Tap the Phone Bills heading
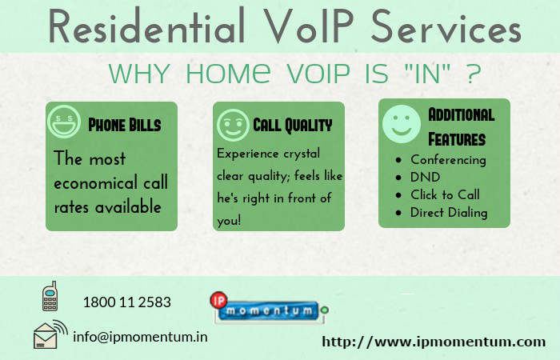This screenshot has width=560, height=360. [x=124, y=126]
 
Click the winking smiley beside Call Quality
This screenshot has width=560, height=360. [x=232, y=126]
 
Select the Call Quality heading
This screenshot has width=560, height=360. [x=292, y=126]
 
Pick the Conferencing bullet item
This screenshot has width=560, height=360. [x=447, y=159]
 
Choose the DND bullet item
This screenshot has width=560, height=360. [x=425, y=177]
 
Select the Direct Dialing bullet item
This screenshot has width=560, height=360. [x=448, y=212]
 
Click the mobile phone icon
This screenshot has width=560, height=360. [x=50, y=296]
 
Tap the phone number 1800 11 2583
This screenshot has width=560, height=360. [x=126, y=302]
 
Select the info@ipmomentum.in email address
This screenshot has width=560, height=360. [x=140, y=337]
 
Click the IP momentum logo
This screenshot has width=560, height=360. [x=268, y=309]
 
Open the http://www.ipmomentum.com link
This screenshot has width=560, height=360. [x=433, y=342]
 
